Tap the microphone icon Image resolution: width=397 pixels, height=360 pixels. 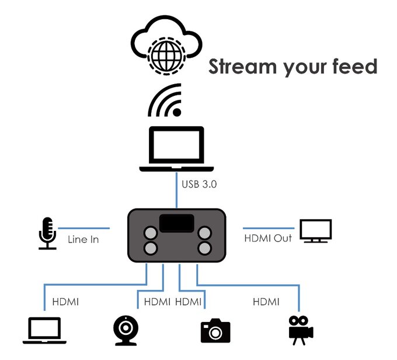pyautogui.click(x=47, y=234)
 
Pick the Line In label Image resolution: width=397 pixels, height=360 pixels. pyautogui.click(x=83, y=239)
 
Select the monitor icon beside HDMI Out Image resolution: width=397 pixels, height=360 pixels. pyautogui.click(x=315, y=231)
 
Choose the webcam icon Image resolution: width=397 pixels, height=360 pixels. pyautogui.click(x=127, y=331)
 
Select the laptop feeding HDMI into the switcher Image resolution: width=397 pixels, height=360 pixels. pyautogui.click(x=44, y=331)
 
